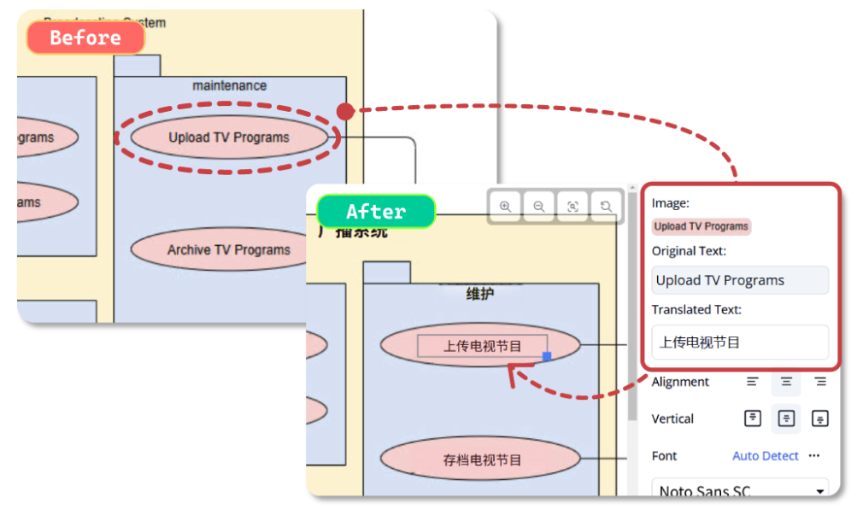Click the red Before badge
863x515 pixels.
click(x=85, y=38)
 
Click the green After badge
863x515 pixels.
click(x=376, y=211)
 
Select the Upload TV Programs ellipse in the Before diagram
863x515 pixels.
click(x=229, y=138)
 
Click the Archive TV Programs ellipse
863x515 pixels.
click(x=229, y=250)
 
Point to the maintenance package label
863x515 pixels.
click(x=229, y=85)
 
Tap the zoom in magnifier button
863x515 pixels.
click(x=505, y=206)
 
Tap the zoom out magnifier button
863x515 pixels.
click(x=539, y=206)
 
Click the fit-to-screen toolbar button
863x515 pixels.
click(x=572, y=206)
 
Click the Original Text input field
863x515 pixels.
click(x=740, y=280)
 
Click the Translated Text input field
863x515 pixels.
click(x=740, y=342)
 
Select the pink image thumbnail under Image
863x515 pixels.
click(x=702, y=226)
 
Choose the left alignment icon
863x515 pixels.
click(x=752, y=382)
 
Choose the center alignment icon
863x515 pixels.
click(x=786, y=382)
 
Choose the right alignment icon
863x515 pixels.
click(x=820, y=382)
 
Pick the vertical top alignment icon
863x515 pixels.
click(x=752, y=418)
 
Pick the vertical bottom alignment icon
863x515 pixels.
click(x=820, y=418)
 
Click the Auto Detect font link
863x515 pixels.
click(x=766, y=456)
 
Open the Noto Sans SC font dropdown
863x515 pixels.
click(x=740, y=490)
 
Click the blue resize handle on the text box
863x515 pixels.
click(x=547, y=356)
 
